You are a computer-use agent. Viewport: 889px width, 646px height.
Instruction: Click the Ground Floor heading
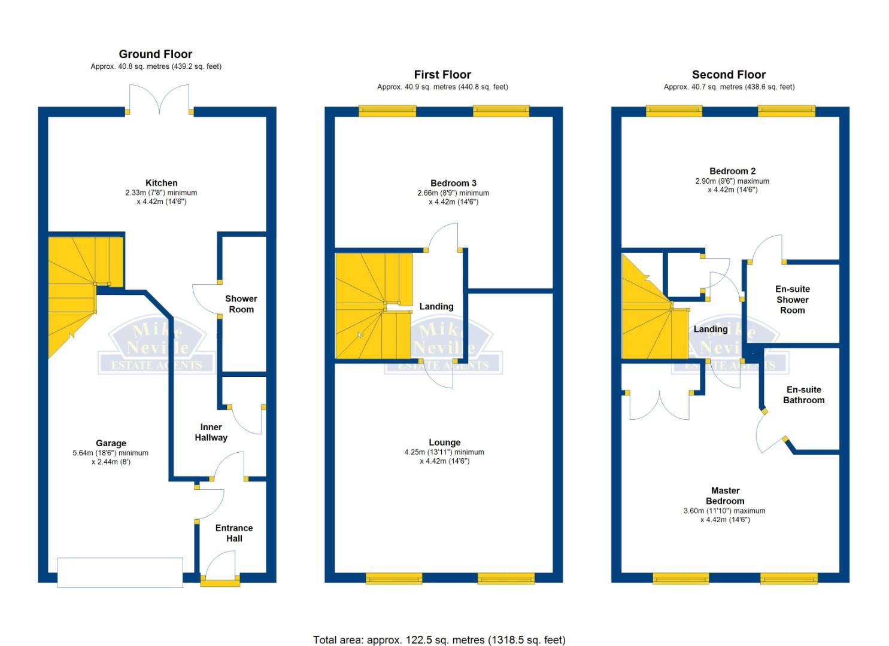[156, 54]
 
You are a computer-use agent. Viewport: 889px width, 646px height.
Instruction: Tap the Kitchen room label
[161, 183]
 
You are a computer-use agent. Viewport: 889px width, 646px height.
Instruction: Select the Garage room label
[111, 443]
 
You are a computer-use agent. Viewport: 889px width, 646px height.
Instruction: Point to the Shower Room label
[241, 304]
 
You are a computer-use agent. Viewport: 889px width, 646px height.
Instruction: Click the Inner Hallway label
[211, 432]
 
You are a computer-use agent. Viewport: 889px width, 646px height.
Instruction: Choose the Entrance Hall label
[233, 533]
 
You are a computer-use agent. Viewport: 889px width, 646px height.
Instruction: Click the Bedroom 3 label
[453, 183]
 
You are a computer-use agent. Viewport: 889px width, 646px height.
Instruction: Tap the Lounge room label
[444, 442]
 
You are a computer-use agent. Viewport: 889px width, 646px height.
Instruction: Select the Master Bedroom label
[725, 496]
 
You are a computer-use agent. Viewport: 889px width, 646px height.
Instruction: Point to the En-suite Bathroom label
[803, 395]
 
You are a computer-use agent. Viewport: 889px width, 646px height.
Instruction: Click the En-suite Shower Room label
[793, 300]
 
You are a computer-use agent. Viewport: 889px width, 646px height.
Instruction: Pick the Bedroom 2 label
[732, 171]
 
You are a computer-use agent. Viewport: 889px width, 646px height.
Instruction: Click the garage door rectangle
[120, 572]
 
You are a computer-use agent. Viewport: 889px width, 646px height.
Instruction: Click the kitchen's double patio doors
[159, 99]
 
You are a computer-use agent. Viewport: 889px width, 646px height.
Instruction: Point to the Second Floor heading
[729, 75]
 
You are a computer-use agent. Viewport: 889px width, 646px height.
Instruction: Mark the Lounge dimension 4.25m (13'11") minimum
[444, 452]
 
